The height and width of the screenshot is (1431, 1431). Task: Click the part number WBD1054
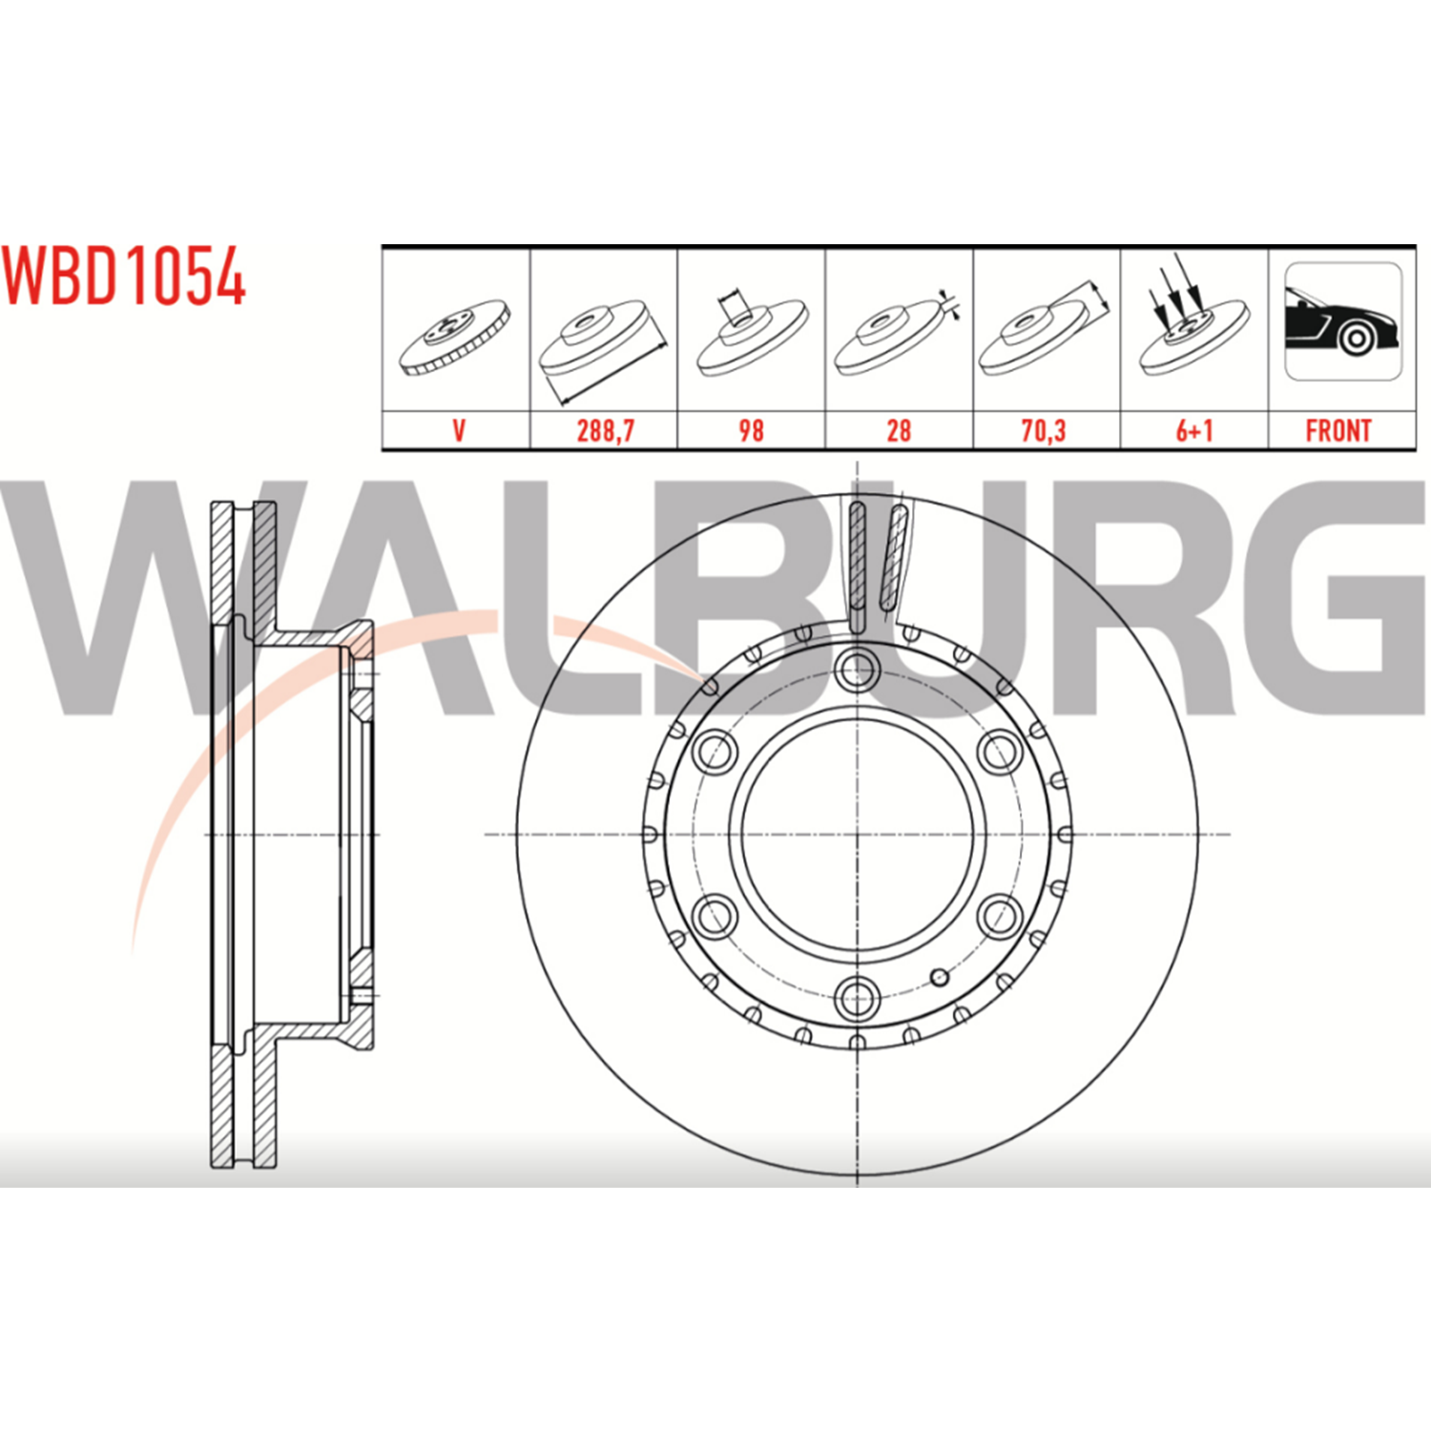(x=124, y=277)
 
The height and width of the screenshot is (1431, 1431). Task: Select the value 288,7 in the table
(x=605, y=430)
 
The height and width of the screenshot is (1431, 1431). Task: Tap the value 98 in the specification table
(x=751, y=430)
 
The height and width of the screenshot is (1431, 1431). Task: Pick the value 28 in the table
(x=899, y=430)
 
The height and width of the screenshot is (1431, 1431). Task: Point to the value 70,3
(x=1044, y=430)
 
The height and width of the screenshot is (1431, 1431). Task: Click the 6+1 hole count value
(x=1194, y=430)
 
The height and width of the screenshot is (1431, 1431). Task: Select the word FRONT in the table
(x=1338, y=430)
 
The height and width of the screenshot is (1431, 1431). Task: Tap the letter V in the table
(x=459, y=430)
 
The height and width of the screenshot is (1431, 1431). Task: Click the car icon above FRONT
(x=1343, y=321)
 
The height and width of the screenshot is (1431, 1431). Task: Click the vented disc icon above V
(x=455, y=336)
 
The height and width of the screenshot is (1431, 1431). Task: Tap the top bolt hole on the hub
(x=857, y=669)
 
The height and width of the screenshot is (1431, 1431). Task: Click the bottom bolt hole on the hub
(x=857, y=999)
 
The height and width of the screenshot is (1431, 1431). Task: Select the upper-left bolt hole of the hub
(x=715, y=752)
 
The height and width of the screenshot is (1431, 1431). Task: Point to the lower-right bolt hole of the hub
(x=1000, y=917)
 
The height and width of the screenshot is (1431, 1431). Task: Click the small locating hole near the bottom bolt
(x=940, y=976)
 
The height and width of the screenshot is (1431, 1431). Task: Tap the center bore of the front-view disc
(x=857, y=834)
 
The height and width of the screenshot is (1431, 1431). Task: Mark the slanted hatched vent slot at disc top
(x=895, y=558)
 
